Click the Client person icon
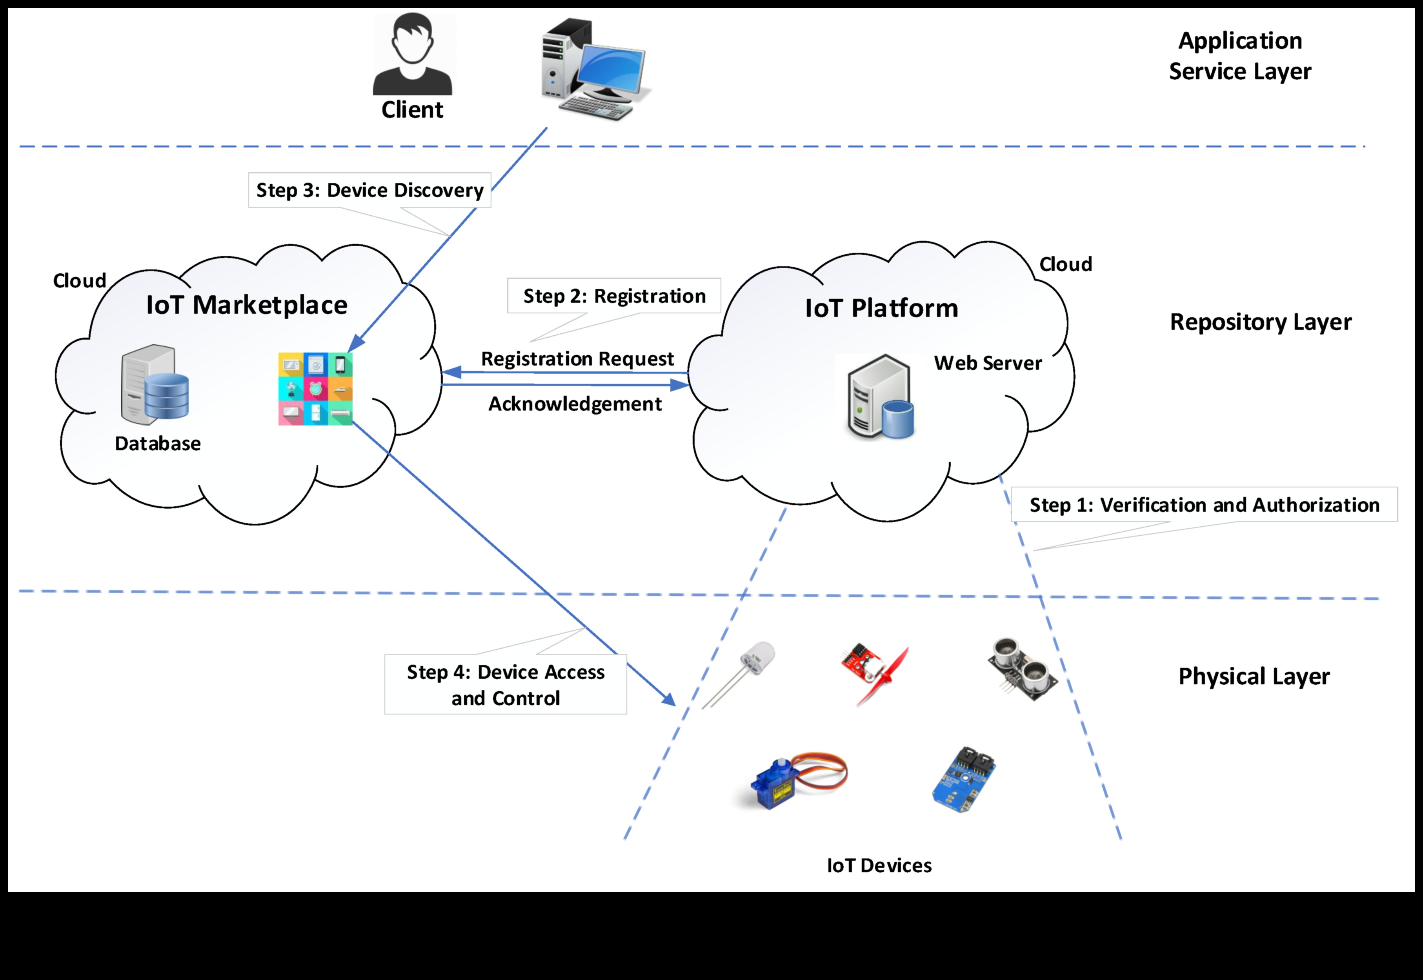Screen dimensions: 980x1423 point(412,55)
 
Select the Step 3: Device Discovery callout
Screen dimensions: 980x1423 point(370,190)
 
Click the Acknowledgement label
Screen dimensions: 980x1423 point(575,404)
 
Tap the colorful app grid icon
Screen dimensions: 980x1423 point(315,389)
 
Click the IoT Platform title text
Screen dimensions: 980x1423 point(881,308)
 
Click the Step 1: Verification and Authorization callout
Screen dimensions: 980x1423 point(1205,505)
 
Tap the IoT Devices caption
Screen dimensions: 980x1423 point(879,866)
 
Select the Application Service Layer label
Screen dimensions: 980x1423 point(1240,56)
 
